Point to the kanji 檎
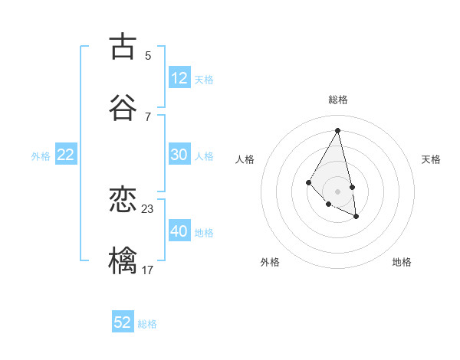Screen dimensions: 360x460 123,260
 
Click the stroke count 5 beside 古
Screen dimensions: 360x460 148,56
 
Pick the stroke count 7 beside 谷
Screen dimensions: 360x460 148,116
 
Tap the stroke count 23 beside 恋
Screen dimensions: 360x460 148,209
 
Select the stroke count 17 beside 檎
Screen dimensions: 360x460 148,270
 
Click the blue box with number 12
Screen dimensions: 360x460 179,78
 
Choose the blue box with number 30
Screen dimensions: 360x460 179,155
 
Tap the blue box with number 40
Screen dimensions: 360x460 179,231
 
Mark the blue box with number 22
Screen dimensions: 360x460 66,155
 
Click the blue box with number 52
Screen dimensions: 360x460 123,322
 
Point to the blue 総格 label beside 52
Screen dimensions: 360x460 147,324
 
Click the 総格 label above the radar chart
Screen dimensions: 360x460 338,100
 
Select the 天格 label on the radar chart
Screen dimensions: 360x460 431,159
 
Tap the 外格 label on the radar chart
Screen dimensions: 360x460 270,262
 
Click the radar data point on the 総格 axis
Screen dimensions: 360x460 338,130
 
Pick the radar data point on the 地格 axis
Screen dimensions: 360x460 356,217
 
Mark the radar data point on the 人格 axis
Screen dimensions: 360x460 308,182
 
